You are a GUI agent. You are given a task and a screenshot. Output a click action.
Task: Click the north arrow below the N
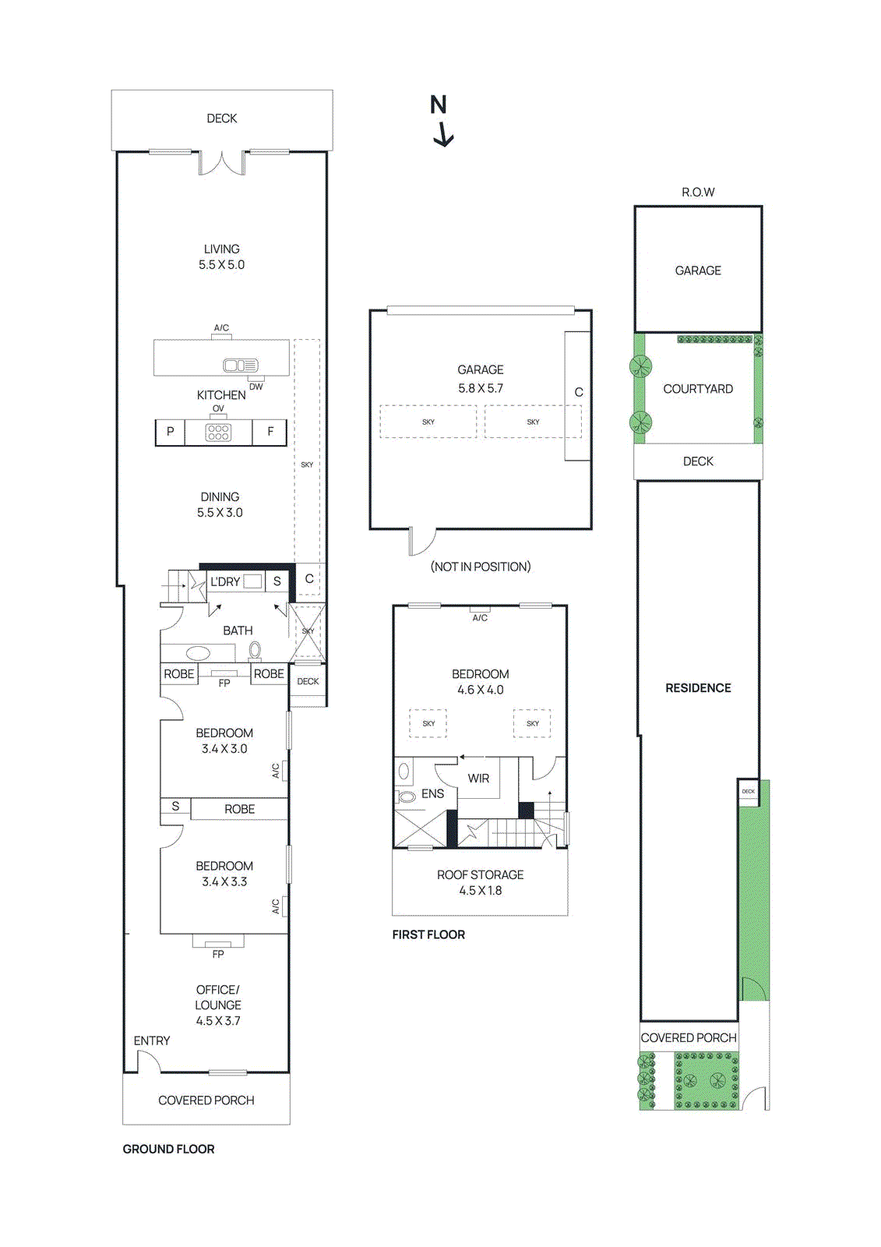click(x=443, y=135)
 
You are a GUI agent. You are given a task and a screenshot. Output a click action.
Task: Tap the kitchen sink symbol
click(x=240, y=365)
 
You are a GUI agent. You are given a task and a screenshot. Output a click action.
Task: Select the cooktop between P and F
click(x=218, y=433)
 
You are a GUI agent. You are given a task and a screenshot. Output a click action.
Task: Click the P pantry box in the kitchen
click(x=170, y=432)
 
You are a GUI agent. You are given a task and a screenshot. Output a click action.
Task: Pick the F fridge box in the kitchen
click(x=270, y=432)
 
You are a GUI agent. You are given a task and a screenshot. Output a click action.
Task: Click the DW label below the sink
click(x=255, y=387)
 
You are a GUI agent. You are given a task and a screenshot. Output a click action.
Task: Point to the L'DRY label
click(x=225, y=581)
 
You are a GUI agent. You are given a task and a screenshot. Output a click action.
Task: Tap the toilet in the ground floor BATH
click(x=255, y=649)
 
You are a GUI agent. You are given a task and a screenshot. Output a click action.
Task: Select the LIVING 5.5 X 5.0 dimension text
click(x=221, y=265)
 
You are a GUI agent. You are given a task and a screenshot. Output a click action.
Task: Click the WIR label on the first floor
click(x=478, y=778)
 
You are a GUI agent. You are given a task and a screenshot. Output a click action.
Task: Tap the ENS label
click(x=432, y=793)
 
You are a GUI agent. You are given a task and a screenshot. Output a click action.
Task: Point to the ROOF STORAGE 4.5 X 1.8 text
click(x=480, y=882)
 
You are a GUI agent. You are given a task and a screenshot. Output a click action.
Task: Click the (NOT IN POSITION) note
click(x=481, y=567)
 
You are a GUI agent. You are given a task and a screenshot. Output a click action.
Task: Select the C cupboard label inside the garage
click(x=579, y=392)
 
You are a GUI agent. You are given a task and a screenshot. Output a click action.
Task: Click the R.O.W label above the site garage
click(x=698, y=192)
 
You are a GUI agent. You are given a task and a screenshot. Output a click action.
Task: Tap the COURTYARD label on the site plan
click(x=698, y=389)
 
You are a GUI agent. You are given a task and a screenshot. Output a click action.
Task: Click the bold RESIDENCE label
click(x=698, y=687)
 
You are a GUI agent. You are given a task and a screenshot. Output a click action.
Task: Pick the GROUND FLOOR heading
click(x=168, y=1149)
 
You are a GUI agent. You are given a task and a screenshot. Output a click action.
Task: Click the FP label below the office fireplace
click(x=218, y=954)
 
